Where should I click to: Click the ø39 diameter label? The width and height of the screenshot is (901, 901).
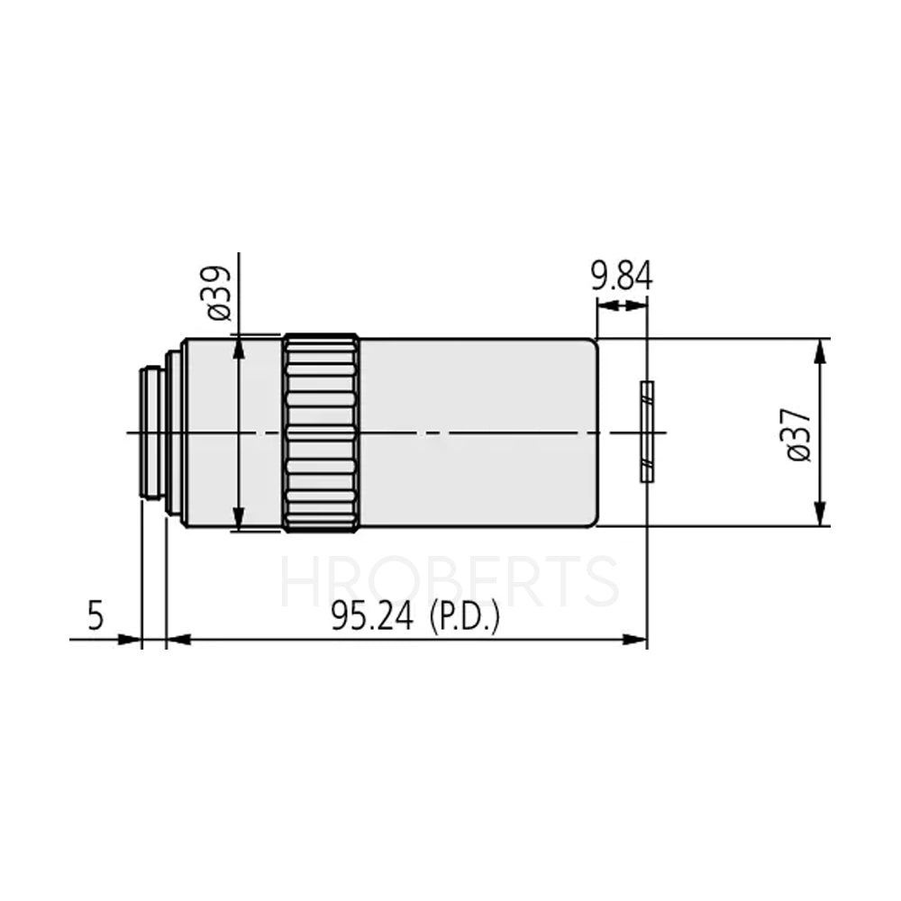point(219,294)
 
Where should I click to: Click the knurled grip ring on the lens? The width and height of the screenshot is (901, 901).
point(322,432)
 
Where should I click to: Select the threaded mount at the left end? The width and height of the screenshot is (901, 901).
point(151,432)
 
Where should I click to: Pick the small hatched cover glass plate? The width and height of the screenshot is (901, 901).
point(646,432)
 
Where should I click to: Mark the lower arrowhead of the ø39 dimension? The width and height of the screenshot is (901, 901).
point(239,520)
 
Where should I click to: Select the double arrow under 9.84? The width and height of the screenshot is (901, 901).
point(622,306)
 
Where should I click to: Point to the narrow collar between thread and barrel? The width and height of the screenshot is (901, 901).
point(173,432)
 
